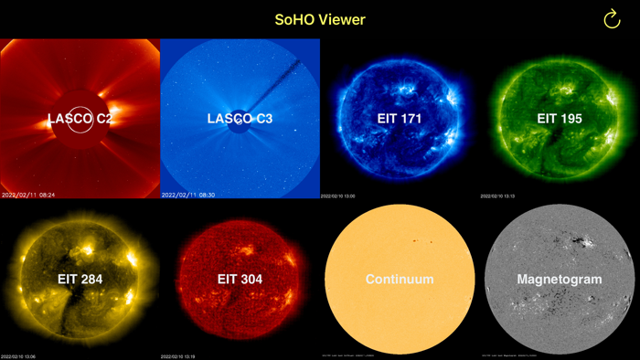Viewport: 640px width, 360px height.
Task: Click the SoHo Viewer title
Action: click(320, 19)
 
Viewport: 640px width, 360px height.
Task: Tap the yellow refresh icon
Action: click(612, 19)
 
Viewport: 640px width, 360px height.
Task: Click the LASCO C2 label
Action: click(80, 119)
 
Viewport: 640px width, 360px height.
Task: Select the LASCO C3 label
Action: click(240, 119)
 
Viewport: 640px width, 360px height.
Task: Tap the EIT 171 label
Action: click(400, 119)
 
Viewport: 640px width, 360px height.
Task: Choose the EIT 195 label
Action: click(560, 119)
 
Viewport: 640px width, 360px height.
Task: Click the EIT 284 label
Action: click(80, 279)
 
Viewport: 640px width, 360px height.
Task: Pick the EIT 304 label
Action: click(240, 279)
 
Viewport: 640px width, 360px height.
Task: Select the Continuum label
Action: click(400, 279)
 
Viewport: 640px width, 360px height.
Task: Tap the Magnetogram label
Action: click(560, 279)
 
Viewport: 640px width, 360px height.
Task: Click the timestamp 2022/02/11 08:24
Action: click(28, 195)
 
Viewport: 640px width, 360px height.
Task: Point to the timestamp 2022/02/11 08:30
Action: click(188, 195)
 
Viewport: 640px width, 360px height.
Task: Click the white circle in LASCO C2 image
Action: click(80, 120)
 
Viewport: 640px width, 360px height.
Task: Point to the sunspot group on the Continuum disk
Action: click(421, 242)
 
